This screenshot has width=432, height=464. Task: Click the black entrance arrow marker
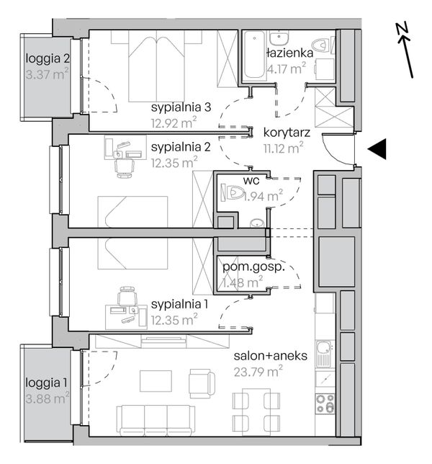click(379, 149)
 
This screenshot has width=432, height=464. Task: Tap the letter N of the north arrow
click(402, 28)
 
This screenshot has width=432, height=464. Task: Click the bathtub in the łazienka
click(254, 55)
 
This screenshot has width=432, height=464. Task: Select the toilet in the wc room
click(232, 192)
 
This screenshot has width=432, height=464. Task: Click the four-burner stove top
click(325, 403)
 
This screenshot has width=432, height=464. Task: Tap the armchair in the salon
click(202, 383)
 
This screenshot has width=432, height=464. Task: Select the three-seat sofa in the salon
click(156, 420)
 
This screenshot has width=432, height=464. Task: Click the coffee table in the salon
click(156, 380)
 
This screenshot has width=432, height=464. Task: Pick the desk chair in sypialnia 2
click(124, 168)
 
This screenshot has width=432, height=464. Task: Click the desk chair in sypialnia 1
click(127, 296)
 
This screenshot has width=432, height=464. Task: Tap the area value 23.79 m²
click(258, 372)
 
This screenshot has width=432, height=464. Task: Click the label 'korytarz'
click(287, 133)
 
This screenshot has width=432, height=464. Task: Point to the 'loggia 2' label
click(48, 58)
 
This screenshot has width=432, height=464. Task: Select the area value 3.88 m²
click(47, 398)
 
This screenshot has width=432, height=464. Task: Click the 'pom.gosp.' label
click(253, 267)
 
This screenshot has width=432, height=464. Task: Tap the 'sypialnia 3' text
click(181, 107)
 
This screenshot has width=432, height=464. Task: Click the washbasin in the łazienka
click(279, 37)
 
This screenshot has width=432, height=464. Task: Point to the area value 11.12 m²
click(283, 148)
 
